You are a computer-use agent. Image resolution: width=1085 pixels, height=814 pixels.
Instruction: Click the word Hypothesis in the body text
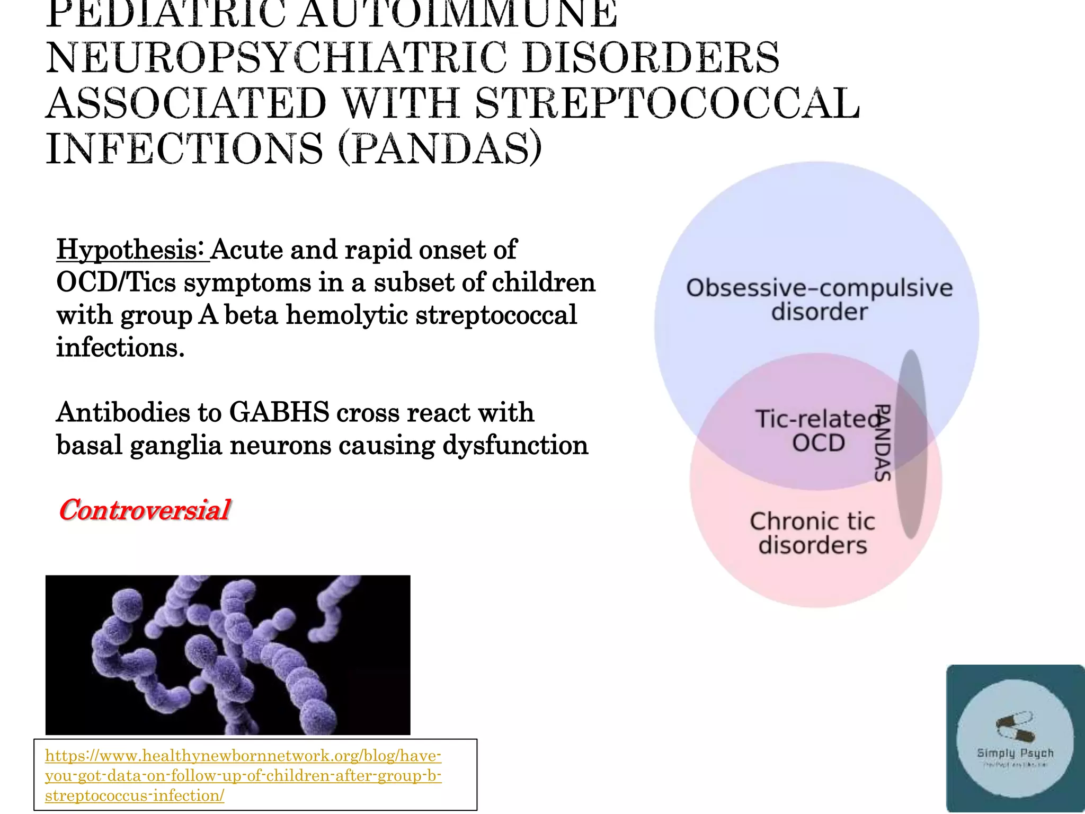click(132, 250)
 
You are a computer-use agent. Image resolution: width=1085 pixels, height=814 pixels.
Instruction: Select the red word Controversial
click(144, 510)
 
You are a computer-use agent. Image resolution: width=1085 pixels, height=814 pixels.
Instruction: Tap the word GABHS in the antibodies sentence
click(279, 412)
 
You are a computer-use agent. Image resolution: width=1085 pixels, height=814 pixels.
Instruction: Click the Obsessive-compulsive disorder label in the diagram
click(819, 299)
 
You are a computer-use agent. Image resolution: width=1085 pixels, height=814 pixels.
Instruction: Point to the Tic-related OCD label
click(817, 430)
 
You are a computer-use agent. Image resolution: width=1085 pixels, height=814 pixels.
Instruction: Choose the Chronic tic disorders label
click(812, 533)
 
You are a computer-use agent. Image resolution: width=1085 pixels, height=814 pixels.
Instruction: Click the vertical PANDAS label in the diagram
click(882, 443)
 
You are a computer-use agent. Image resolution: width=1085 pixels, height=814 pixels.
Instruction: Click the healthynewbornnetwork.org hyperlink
click(243, 775)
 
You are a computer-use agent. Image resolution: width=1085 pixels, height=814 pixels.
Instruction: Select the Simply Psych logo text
click(1015, 753)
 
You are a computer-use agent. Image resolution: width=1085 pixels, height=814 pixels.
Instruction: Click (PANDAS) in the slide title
click(440, 148)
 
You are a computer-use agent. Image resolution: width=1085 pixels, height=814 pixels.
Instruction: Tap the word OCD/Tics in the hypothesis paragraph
click(116, 282)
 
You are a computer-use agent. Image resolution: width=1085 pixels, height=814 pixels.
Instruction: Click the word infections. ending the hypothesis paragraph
click(120, 348)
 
